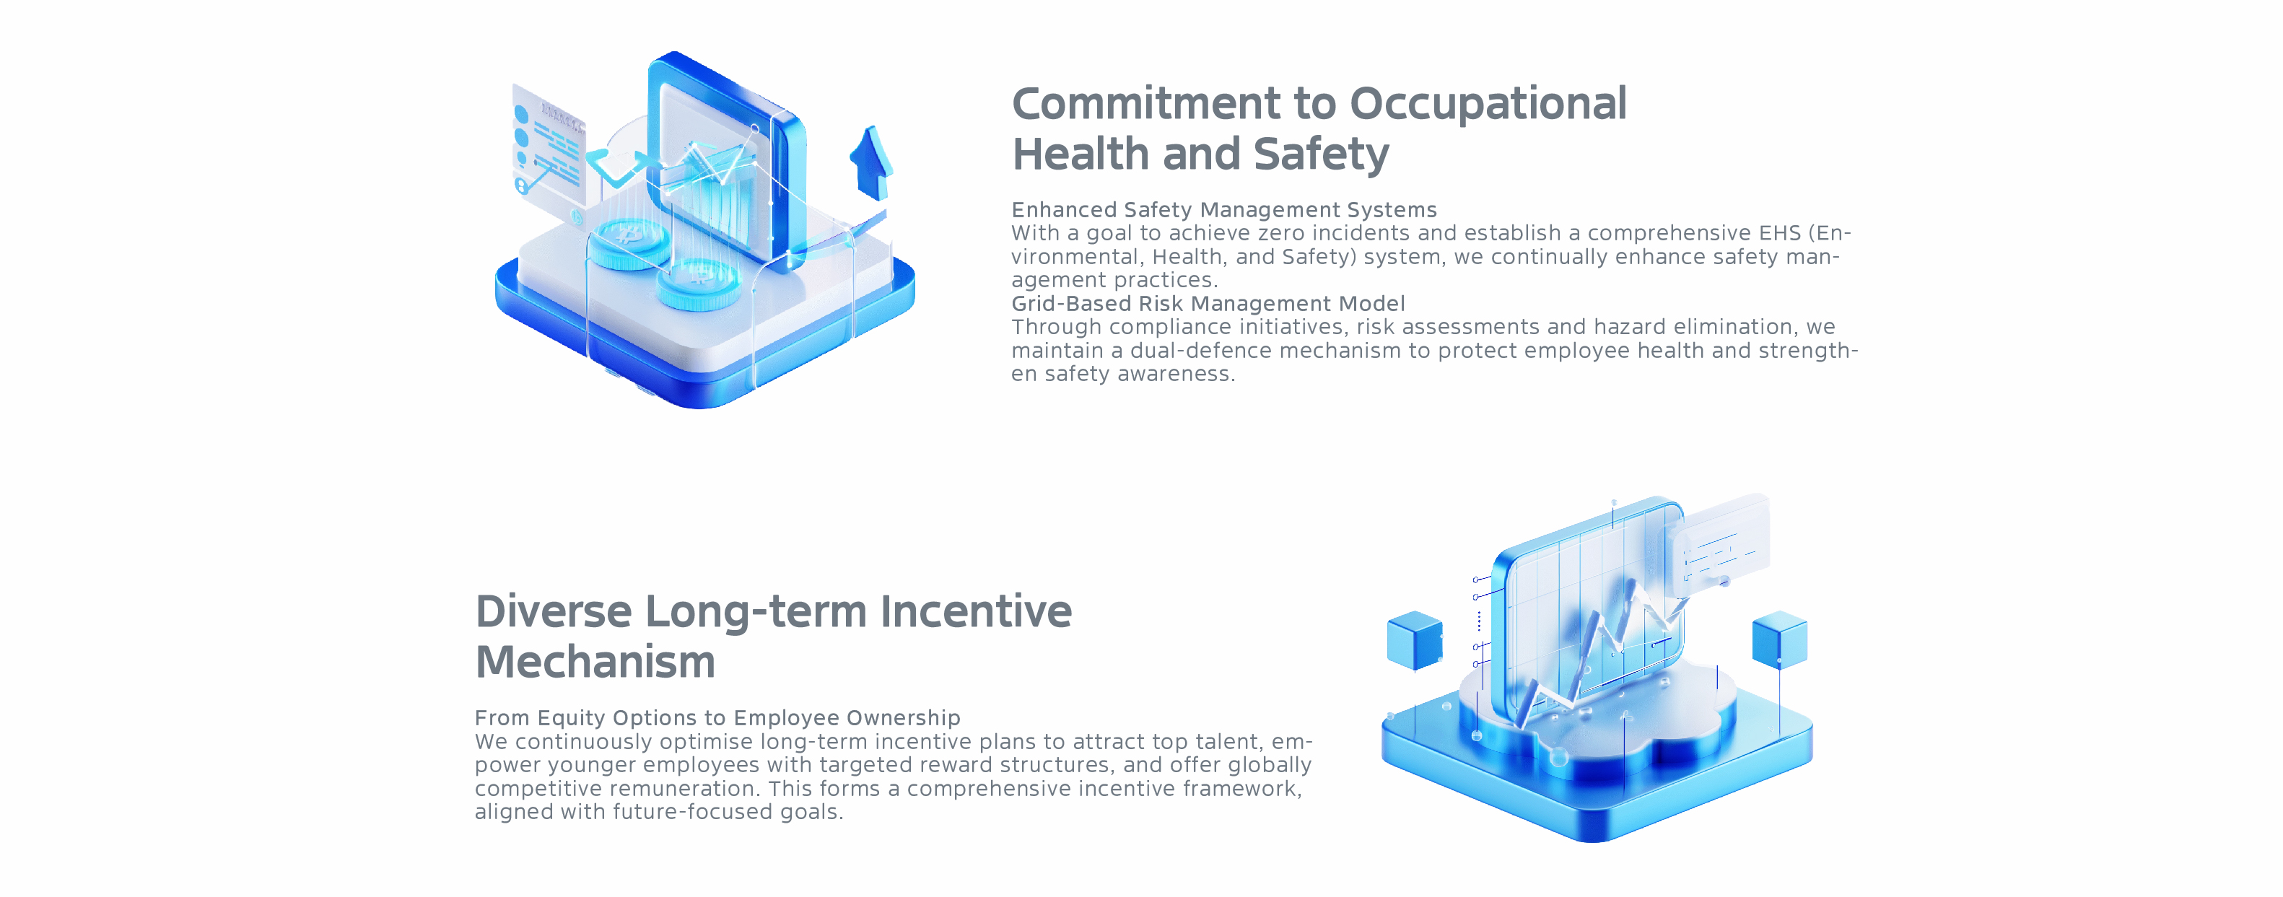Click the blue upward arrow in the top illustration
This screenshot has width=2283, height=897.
point(871,162)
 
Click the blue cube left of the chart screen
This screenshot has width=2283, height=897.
point(1415,639)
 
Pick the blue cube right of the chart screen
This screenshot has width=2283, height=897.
point(1780,639)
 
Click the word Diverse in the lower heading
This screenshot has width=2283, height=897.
point(554,612)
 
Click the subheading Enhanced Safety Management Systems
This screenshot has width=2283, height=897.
point(1224,210)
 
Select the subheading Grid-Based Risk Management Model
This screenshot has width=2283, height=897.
point(1208,304)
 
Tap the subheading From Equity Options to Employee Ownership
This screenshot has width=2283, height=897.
point(717,718)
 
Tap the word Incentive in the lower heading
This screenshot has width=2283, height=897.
point(976,612)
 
